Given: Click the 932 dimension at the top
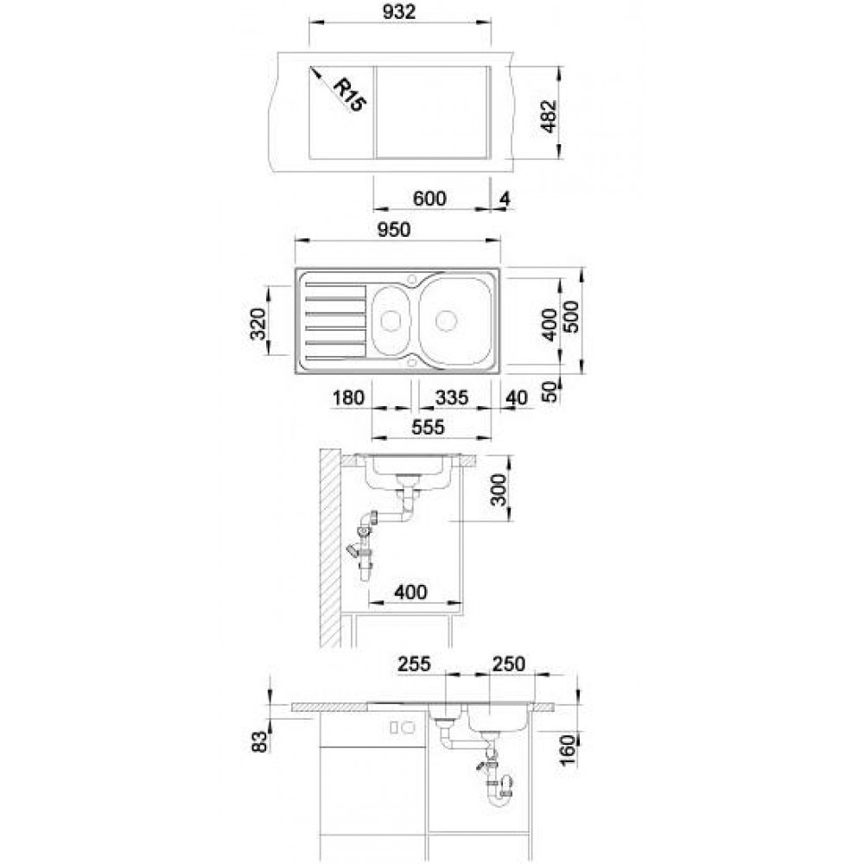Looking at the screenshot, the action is pos(399,11).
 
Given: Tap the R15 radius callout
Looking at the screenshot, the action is pos(349,95).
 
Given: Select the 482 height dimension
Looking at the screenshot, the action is pos(549,117).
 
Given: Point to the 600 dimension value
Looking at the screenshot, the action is pos(429,199).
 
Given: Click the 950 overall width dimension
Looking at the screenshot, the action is pos(395,230).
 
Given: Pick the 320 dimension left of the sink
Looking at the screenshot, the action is pos(257,323).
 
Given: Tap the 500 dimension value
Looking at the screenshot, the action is pos(571,316).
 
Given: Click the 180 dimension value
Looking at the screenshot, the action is pos(349,397).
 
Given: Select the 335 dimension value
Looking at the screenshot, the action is pos(452,397).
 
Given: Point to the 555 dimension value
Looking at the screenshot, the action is pos(429,427).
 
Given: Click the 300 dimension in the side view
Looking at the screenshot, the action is pos(498,489).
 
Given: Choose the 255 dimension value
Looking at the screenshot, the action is pos(414,664).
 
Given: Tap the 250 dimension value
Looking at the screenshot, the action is pos(509,664).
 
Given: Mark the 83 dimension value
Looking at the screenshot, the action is pos(259,741).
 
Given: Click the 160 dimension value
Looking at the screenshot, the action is pos(567,749).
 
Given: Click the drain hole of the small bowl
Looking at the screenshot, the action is pos(391,320).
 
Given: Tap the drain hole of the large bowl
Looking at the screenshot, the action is pos(446,321).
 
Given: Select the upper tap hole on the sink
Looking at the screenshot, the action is pos(411,279).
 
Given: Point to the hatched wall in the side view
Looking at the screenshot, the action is pos(331,549).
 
